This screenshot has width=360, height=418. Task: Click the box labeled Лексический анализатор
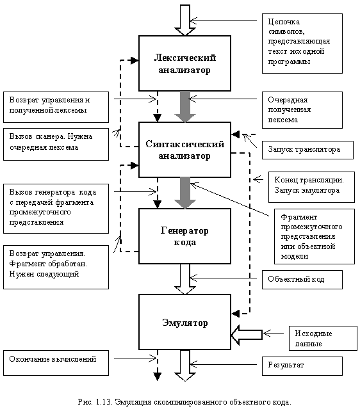(184, 63)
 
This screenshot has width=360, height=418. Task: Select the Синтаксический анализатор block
(184, 150)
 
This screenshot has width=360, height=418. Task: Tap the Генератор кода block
(184, 236)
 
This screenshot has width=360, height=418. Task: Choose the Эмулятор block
(184, 322)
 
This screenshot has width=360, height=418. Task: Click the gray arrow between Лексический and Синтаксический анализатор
(185, 107)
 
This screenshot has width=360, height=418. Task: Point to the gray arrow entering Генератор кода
(185, 193)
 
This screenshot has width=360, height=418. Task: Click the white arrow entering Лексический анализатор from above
(185, 20)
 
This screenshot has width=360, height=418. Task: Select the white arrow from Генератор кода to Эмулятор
(185, 279)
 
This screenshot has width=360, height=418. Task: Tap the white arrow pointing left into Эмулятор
(247, 335)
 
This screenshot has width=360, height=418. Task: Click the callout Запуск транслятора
(307, 150)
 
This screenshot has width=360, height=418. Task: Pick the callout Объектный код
(302, 280)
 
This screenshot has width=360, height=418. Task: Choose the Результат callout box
(302, 366)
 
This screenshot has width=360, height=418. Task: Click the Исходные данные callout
(323, 338)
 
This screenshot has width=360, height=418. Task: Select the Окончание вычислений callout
(56, 363)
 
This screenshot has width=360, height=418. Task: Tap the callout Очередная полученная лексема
(302, 110)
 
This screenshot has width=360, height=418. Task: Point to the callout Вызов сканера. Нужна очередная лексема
(56, 144)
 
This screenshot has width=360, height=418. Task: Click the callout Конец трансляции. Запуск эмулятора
(311, 187)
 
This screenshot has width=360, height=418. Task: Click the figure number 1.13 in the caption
(103, 402)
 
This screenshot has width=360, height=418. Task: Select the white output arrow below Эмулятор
(185, 366)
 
